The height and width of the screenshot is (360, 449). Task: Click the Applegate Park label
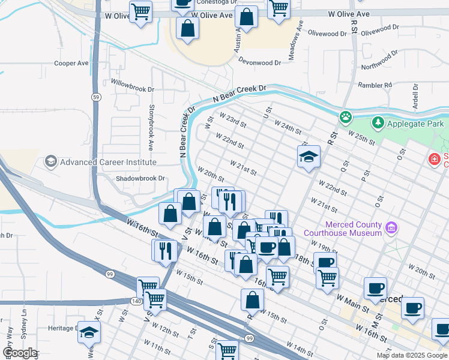pos(415,124)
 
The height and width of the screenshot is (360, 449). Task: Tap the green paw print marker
pos(345,117)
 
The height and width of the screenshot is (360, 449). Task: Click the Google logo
pos(19,352)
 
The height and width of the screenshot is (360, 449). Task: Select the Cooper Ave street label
pos(71,63)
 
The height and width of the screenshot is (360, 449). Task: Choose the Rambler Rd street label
pos(375,85)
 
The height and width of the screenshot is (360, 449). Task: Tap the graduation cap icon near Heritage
pos(89,332)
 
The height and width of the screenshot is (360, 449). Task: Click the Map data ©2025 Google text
pos(412,355)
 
